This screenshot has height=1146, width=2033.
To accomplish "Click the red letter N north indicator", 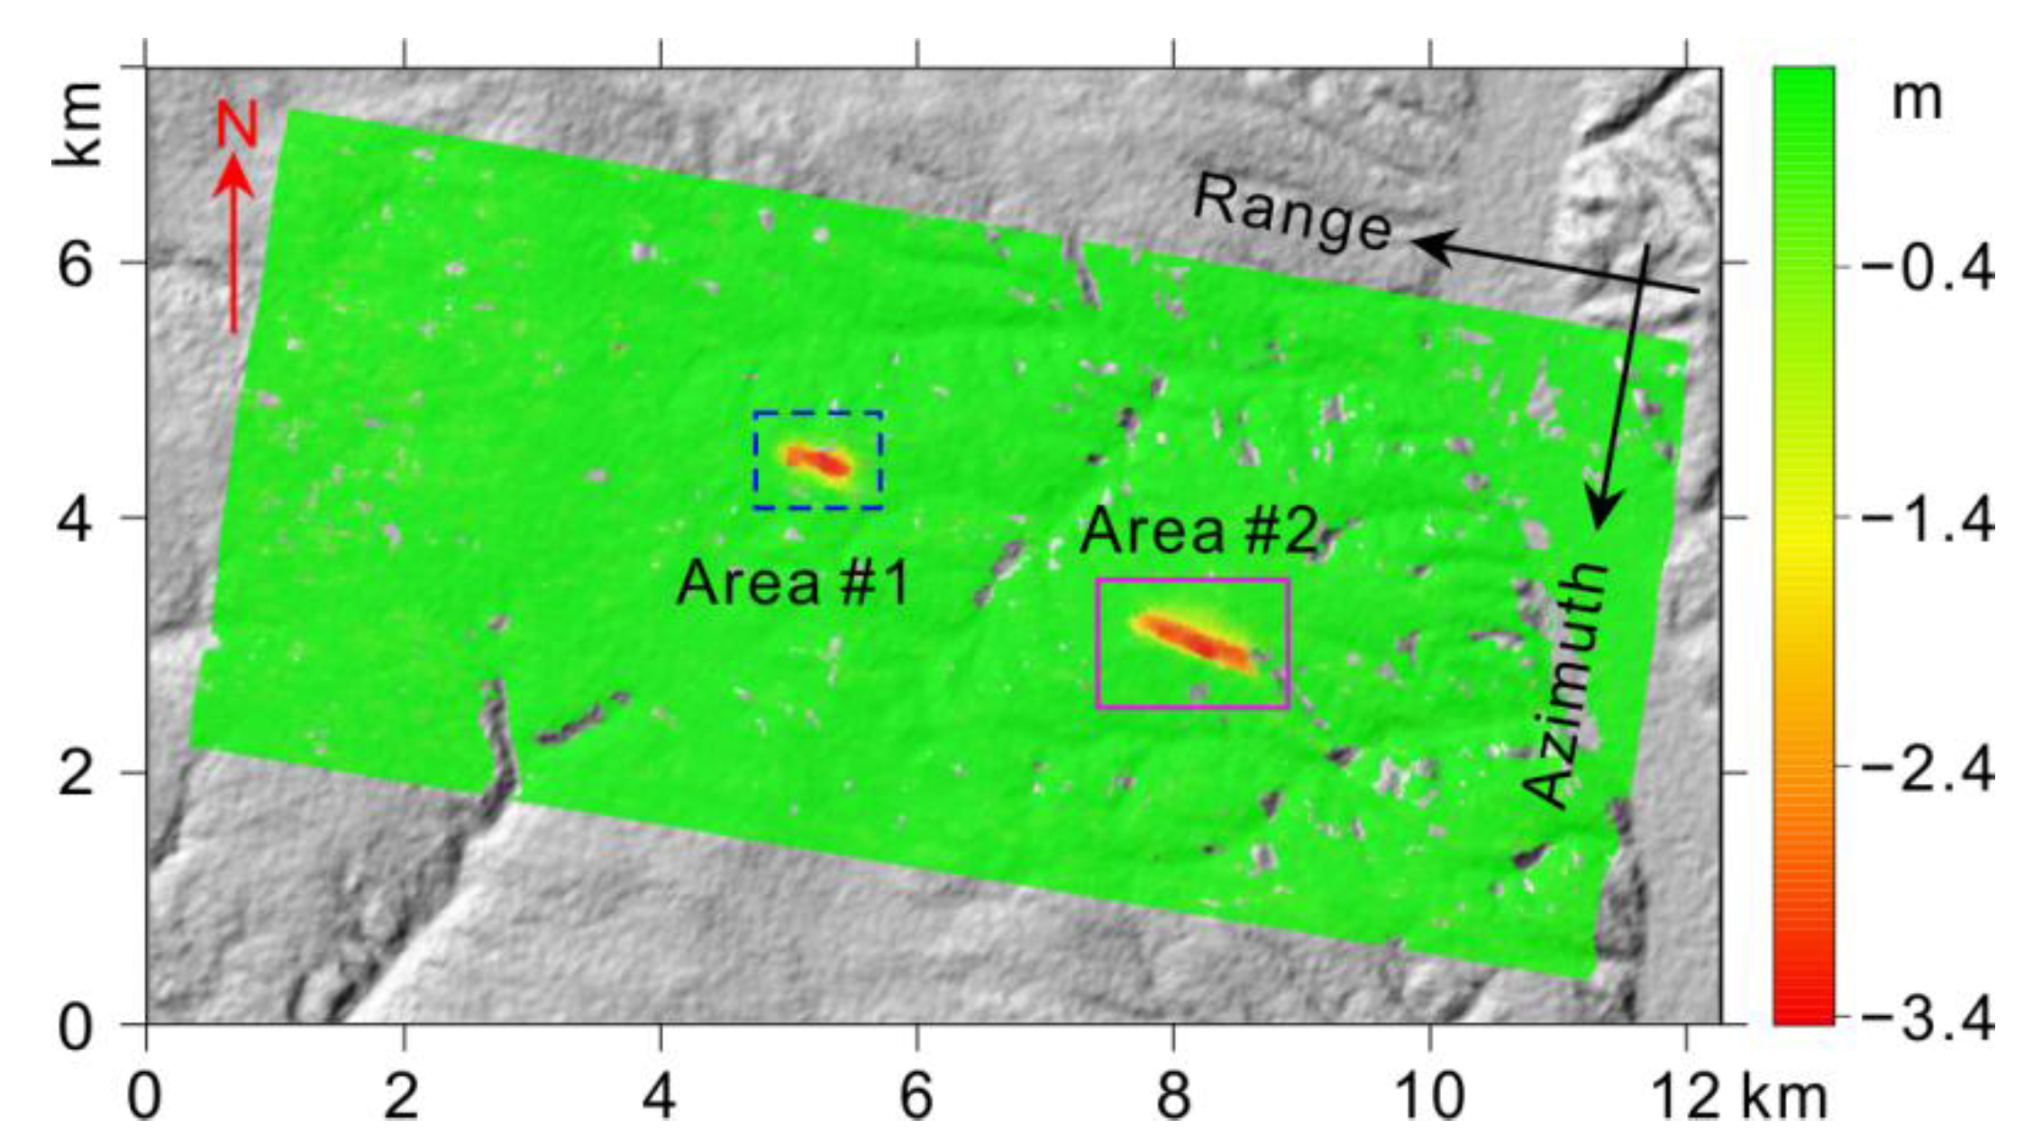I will [237, 123].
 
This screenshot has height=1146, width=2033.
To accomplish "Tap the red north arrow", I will [234, 243].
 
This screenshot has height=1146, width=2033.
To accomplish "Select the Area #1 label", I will [793, 583].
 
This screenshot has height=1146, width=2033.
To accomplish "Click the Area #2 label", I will [1199, 531].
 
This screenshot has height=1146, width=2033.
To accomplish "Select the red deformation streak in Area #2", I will [1194, 641].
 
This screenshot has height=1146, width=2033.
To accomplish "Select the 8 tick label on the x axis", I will [1173, 1098].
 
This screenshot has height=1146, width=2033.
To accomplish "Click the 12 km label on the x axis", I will [1739, 1098].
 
